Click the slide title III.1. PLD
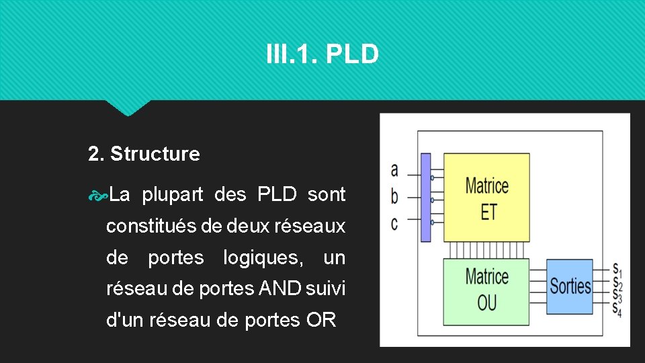322,54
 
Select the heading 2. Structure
144,154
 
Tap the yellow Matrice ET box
486,198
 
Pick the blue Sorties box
570,286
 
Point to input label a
394,171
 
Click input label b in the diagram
394,197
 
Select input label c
394,222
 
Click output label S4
617,309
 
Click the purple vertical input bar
425,197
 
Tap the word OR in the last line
320,320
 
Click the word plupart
173,195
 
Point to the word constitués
150,227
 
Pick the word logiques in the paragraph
261,257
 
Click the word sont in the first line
327,195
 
